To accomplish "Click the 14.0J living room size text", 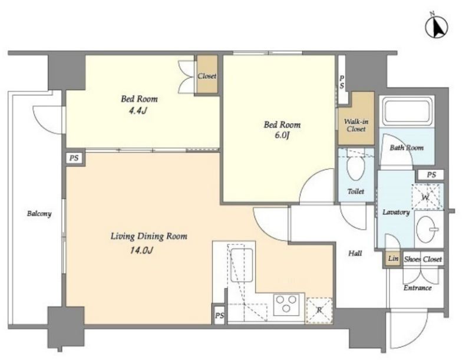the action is click(x=141, y=250).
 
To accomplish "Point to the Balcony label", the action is click(x=39, y=213).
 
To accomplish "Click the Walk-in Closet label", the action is click(x=356, y=125).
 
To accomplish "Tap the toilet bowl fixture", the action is click(x=356, y=167).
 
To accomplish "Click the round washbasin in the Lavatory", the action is click(x=428, y=229).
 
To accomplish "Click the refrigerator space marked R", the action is click(x=319, y=310).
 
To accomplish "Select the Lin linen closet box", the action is click(x=393, y=259).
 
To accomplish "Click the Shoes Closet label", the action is click(x=423, y=259).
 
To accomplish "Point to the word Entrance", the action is click(x=417, y=288).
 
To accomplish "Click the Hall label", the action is click(x=355, y=253).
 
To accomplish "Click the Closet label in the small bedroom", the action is click(x=207, y=76).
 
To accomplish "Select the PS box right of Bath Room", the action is click(x=431, y=175).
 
